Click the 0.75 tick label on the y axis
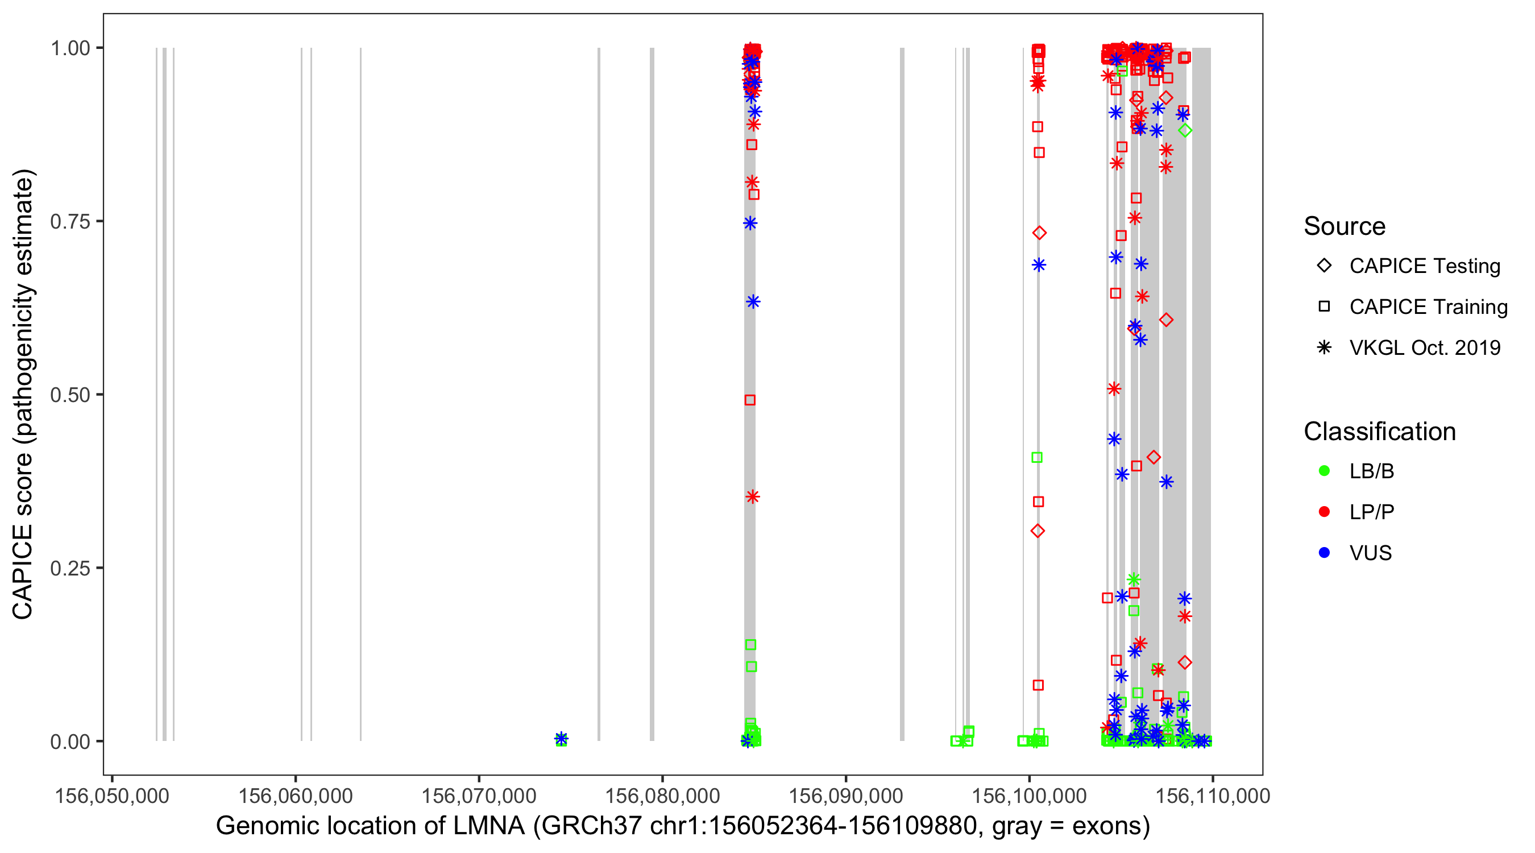(x=69, y=221)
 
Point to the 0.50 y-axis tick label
(x=69, y=395)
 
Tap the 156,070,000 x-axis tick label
(x=479, y=796)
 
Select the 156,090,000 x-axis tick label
(x=845, y=796)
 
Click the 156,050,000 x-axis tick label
(x=112, y=796)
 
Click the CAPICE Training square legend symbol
(x=1324, y=307)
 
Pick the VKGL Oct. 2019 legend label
(x=1425, y=348)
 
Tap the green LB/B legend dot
(x=1324, y=471)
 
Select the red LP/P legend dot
(x=1324, y=512)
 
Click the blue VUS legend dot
(x=1324, y=553)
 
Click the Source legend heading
(x=1345, y=226)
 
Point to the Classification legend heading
(x=1379, y=432)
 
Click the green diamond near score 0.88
(x=1185, y=131)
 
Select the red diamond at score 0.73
(x=1039, y=233)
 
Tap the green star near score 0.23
(x=1134, y=579)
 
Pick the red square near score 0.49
(x=750, y=400)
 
